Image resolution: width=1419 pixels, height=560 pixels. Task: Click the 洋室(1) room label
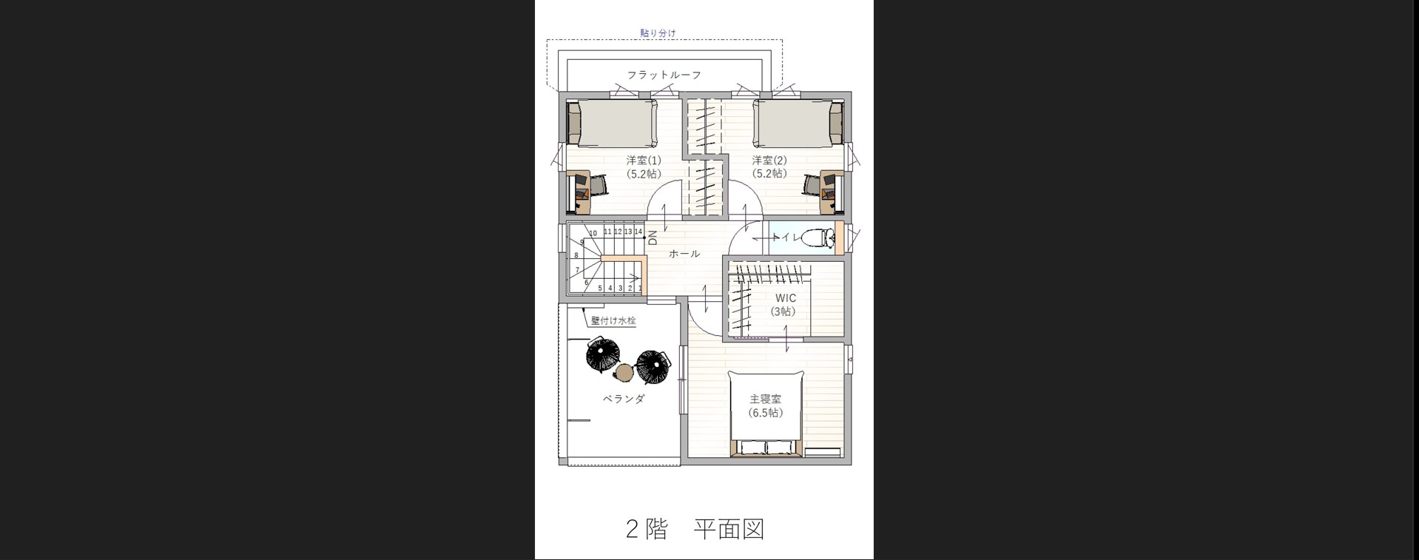point(644,160)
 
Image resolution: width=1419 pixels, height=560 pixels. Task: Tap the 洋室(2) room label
point(769,160)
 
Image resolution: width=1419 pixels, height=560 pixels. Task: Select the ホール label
point(684,254)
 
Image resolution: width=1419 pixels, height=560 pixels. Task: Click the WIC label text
point(786,298)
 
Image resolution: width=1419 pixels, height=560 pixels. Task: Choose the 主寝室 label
point(765,399)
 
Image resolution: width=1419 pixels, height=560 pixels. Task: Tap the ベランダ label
point(624,399)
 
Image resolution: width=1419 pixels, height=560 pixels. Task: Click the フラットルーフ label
point(664,75)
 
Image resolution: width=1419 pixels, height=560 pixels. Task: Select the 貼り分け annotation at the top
point(658,33)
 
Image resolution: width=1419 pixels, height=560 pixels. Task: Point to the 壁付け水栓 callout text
point(613,320)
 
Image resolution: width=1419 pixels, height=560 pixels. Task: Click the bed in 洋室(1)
point(612,123)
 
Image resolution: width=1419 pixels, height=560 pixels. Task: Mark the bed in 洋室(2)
point(798,123)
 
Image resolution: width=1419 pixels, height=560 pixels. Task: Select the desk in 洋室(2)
point(833,192)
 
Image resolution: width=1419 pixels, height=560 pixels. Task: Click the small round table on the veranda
point(626,371)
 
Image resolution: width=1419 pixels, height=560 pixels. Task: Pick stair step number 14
point(638,232)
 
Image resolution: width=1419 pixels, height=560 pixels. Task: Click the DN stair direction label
point(653,238)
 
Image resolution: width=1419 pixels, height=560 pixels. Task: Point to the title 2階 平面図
point(695,529)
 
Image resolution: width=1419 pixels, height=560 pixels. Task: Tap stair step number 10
point(593,233)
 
